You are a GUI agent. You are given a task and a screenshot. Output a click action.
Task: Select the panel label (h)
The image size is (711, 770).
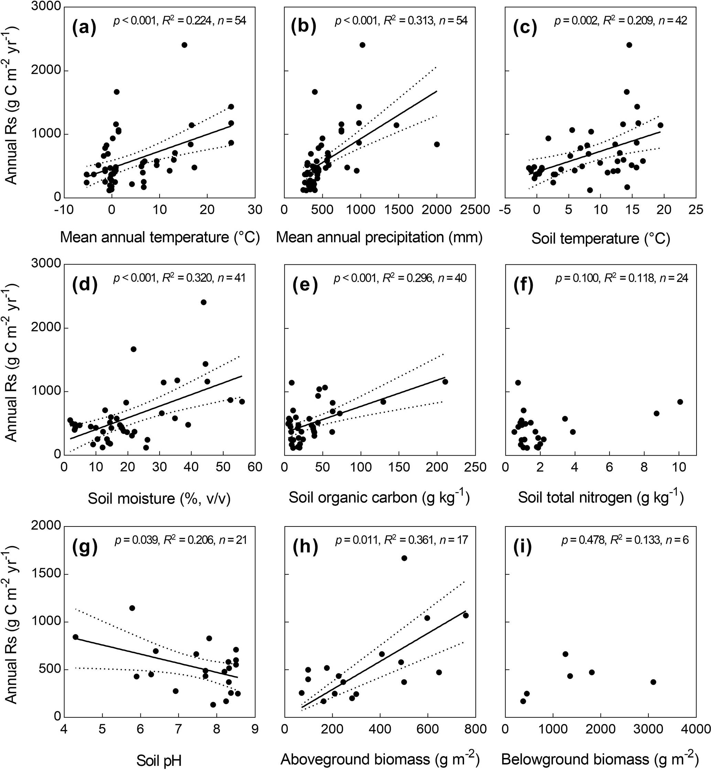pos(305,546)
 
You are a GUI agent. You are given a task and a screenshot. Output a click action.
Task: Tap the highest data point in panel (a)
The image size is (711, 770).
pos(184,45)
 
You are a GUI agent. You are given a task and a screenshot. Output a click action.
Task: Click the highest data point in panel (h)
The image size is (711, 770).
pos(404,558)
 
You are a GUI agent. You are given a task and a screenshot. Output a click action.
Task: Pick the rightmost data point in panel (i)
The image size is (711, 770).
pos(653,682)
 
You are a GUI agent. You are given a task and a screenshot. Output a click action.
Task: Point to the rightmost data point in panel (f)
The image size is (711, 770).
pos(680,402)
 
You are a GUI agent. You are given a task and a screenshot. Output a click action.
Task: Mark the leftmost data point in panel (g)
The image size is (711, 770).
pos(75,637)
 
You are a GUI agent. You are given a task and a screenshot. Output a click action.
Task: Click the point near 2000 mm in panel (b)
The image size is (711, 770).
pos(437,144)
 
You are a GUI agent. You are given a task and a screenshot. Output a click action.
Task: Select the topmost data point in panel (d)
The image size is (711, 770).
pos(204,302)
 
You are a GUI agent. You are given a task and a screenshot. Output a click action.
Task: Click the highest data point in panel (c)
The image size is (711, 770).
pos(629,45)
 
